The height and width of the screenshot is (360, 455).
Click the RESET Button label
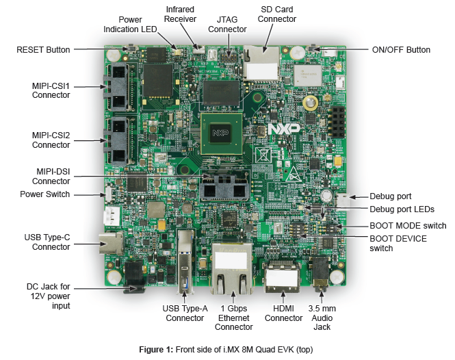click(43, 49)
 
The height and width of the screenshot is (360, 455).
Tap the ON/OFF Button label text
click(400, 49)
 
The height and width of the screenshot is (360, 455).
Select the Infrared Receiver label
click(181, 14)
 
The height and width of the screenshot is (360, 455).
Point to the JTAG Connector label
click(227, 25)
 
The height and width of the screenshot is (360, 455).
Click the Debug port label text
click(391, 196)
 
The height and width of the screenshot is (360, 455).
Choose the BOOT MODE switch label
click(408, 225)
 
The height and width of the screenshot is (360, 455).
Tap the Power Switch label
click(45, 194)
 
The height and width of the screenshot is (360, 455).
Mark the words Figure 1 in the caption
click(156, 350)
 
